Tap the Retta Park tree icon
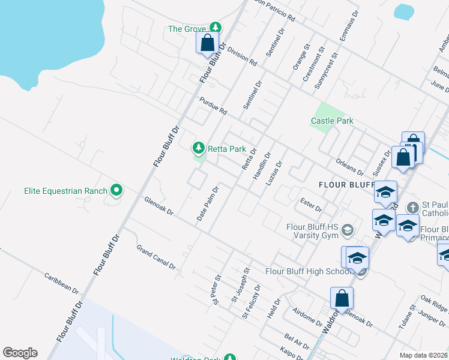click(x=198, y=148)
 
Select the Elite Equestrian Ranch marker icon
click(x=117, y=191)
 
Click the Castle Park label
click(x=332, y=121)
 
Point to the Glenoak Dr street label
click(x=159, y=206)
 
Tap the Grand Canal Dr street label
click(x=155, y=257)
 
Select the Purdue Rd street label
click(x=214, y=107)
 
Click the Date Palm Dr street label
click(x=208, y=203)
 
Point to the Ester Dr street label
click(x=311, y=205)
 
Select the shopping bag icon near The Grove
click(x=207, y=43)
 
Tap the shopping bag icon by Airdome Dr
click(x=342, y=298)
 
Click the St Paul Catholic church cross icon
click(x=412, y=207)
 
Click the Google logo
click(x=20, y=353)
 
